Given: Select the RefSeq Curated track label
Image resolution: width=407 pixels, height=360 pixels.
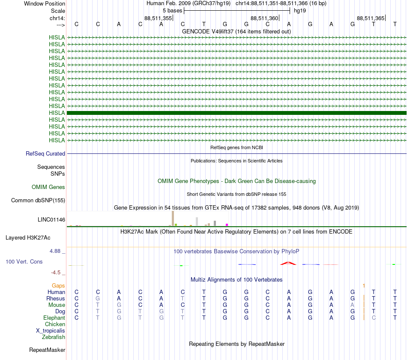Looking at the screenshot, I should pyautogui.click(x=45, y=153).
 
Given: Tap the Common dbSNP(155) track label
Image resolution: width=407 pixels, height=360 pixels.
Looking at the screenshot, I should pyautogui.click(x=38, y=200).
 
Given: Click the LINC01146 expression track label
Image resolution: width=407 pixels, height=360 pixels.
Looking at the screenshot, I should pyautogui.click(x=51, y=219).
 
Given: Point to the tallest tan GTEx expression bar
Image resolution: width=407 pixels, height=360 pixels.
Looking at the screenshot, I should pyautogui.click(x=173, y=218).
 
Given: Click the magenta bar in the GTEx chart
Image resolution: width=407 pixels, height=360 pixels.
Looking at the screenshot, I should pyautogui.click(x=227, y=225).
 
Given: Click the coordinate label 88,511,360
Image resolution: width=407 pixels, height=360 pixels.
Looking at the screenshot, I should pyautogui.click(x=264, y=18).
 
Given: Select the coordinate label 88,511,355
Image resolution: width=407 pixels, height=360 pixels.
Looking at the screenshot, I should pyautogui.click(x=158, y=18).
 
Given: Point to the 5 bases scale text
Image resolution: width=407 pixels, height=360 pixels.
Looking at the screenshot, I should pyautogui.click(x=172, y=10).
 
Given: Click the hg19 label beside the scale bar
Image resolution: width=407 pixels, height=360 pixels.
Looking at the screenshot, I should pyautogui.click(x=299, y=10).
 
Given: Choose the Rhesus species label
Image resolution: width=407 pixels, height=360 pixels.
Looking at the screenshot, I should pyautogui.click(x=56, y=298).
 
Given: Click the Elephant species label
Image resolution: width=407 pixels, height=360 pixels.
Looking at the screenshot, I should pyautogui.click(x=54, y=318).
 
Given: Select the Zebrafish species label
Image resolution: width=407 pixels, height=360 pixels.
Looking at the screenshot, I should pyautogui.click(x=54, y=337).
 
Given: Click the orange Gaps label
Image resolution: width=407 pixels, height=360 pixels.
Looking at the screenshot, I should pyautogui.click(x=58, y=285).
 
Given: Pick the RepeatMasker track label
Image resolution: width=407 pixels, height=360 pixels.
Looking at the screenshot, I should pyautogui.click(x=47, y=350).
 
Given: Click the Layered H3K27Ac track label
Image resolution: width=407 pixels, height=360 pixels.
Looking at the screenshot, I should pyautogui.click(x=28, y=237).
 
